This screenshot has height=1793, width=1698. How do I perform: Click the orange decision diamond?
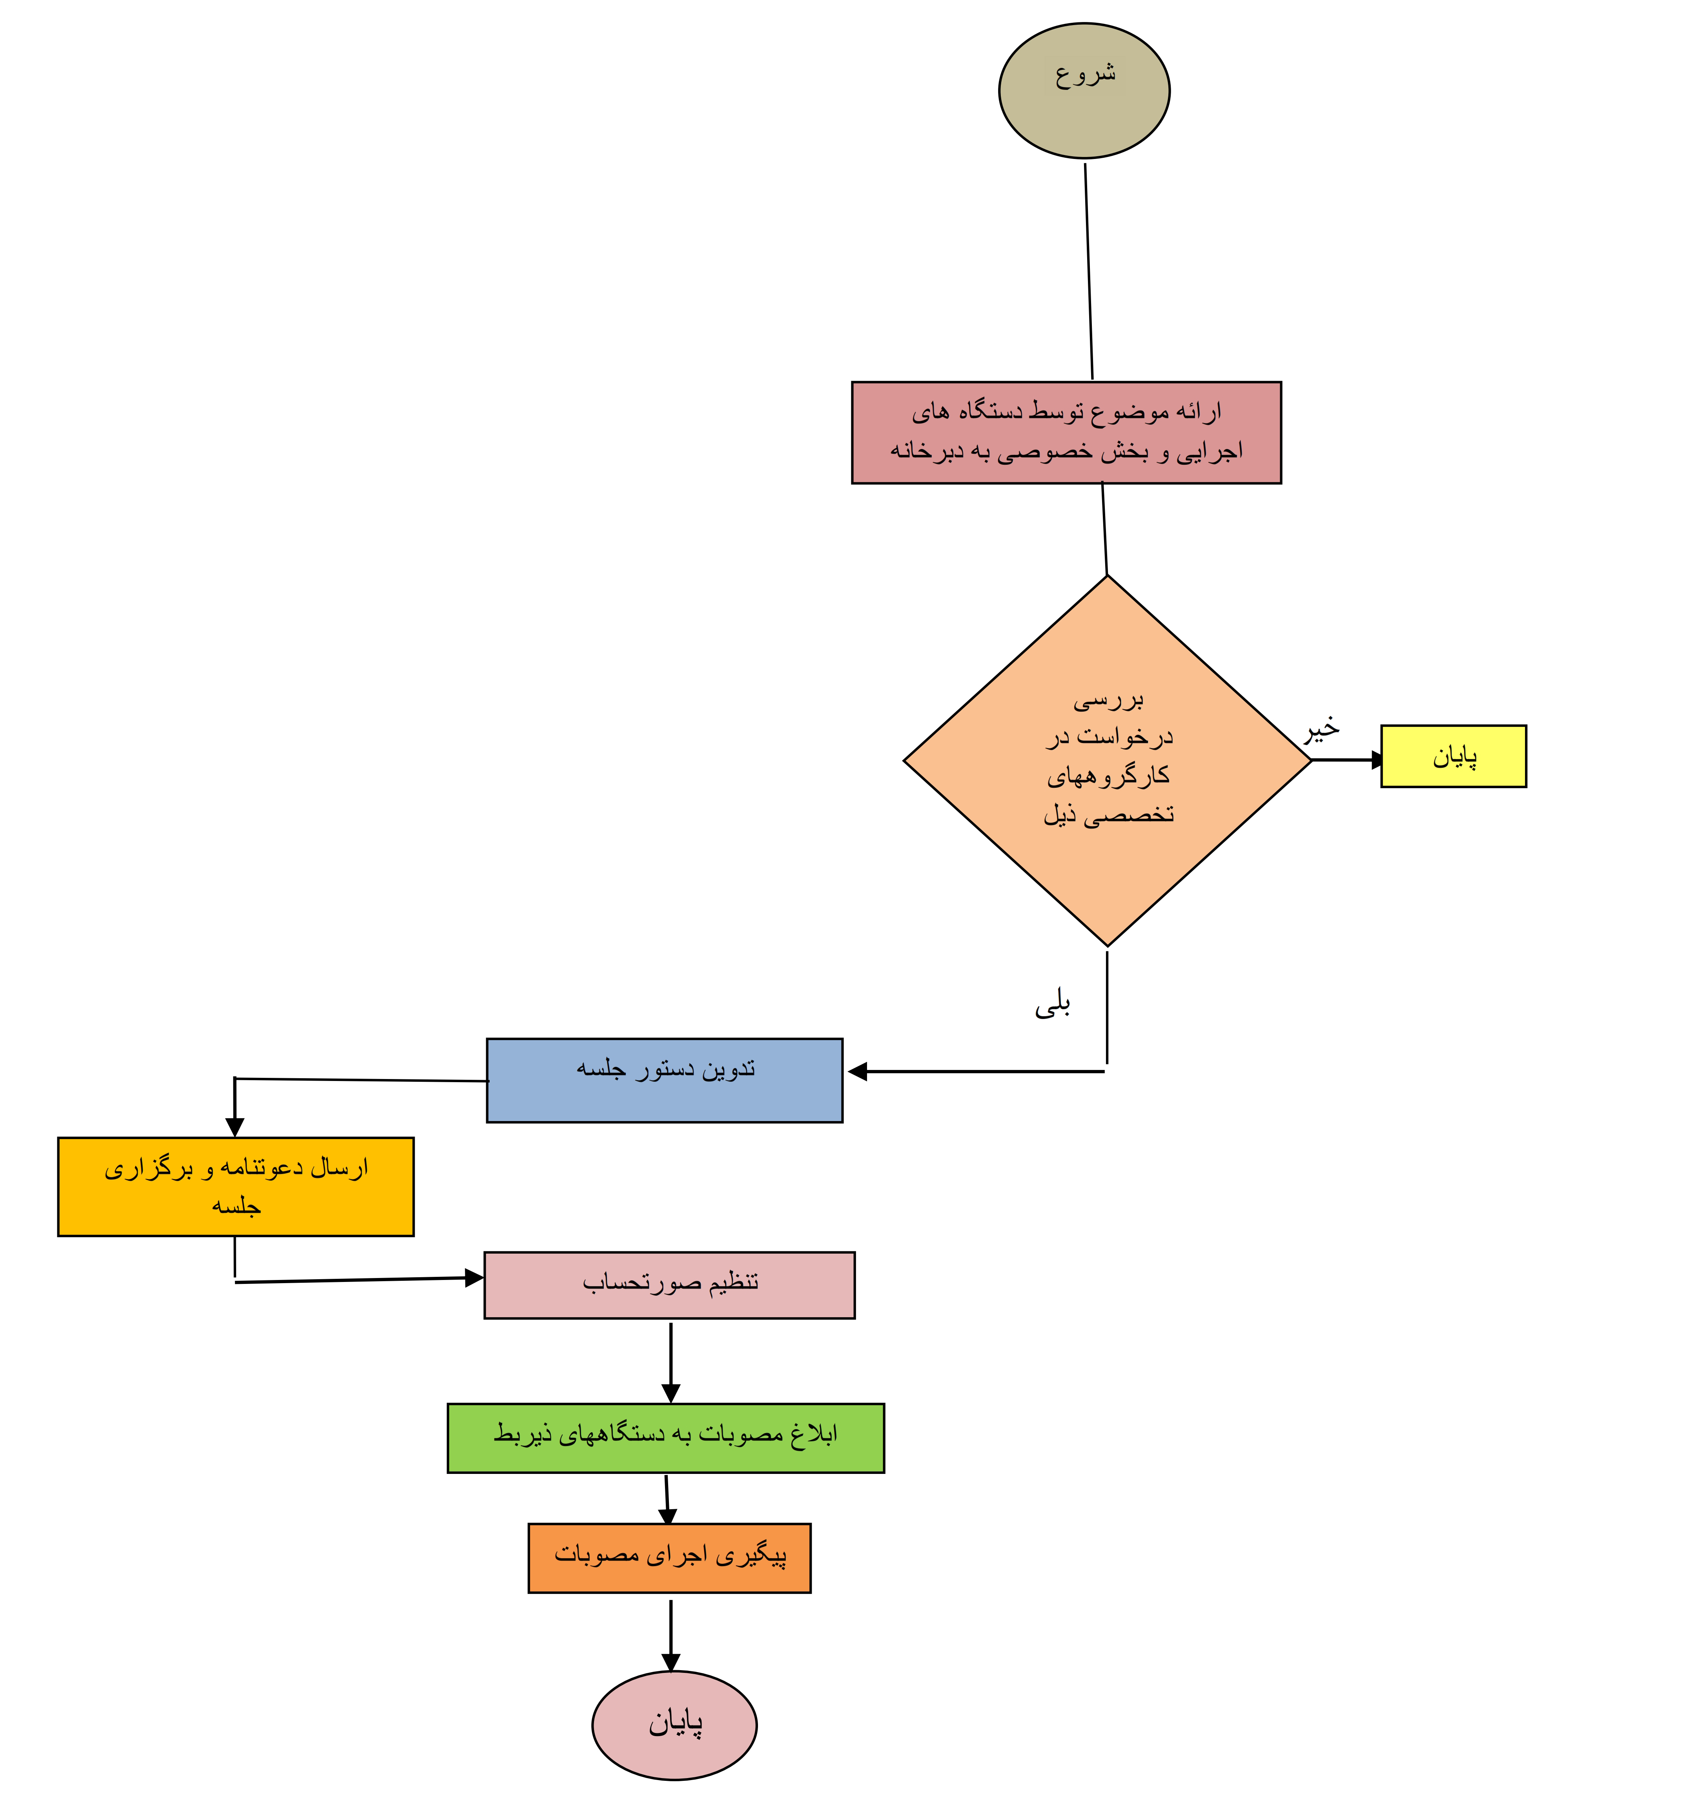pyautogui.click(x=1107, y=761)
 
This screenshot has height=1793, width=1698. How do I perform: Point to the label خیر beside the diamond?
pyautogui.click(x=1321, y=728)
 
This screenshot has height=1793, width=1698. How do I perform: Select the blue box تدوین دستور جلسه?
pyautogui.click(x=664, y=1080)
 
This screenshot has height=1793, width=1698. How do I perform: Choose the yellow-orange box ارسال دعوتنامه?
pyautogui.click(x=235, y=1186)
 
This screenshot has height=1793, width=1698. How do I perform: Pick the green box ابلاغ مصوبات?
pyautogui.click(x=665, y=1438)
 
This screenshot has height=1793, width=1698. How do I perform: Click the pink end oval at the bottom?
pyautogui.click(x=674, y=1725)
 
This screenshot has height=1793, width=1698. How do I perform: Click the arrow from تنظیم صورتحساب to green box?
pyautogui.click(x=671, y=1363)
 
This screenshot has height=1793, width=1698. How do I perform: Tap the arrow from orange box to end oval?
pyautogui.click(x=671, y=1636)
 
